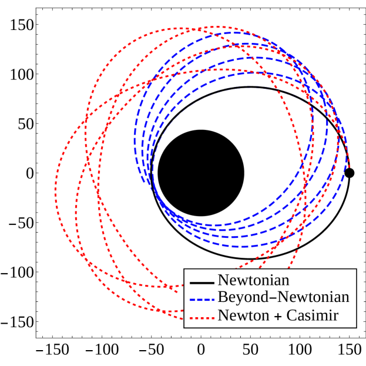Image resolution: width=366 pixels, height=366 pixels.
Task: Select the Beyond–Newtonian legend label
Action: (283, 297)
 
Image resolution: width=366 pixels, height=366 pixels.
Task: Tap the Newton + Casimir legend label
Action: (278, 315)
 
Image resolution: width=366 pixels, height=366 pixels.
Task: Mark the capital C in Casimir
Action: (291, 315)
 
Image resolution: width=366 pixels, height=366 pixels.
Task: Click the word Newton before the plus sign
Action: (244, 315)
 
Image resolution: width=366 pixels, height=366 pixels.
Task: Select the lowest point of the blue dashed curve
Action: (244, 246)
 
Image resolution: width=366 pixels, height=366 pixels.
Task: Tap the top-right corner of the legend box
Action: (356, 269)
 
